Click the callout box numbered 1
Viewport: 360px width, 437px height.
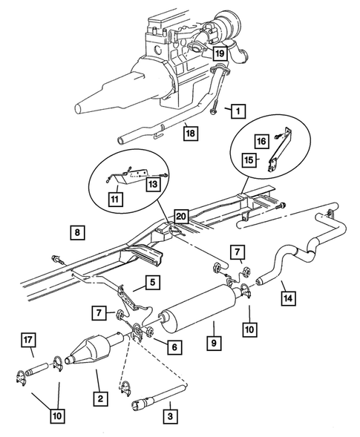point(237,111)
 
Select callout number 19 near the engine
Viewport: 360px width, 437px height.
point(220,53)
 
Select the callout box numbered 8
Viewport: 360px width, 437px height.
point(77,232)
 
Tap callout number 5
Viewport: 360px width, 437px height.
point(150,283)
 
